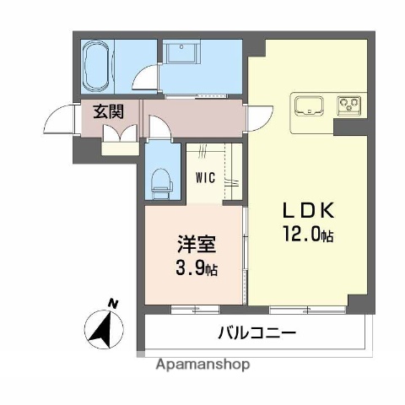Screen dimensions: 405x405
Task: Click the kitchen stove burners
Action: pos(349,106)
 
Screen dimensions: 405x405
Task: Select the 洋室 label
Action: pos(196,246)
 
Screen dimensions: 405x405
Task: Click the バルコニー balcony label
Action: pos(257,332)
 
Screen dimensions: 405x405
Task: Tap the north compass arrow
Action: pos(105,329)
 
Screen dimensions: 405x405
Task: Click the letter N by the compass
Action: pos(113,305)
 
